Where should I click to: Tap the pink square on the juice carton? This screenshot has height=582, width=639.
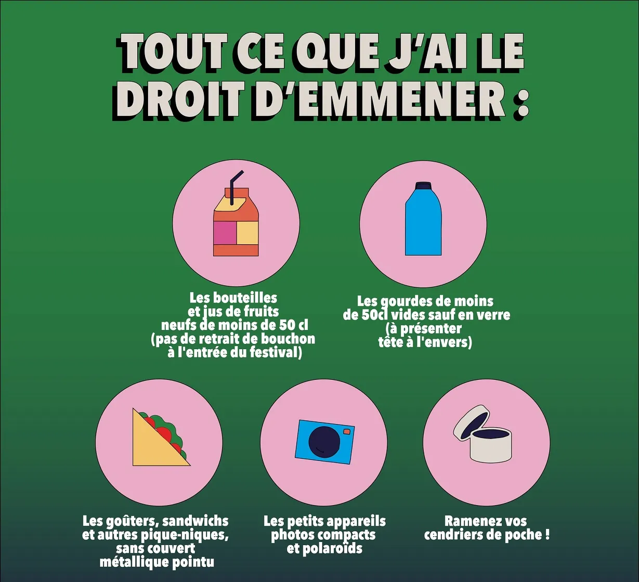pyautogui.click(x=225, y=232)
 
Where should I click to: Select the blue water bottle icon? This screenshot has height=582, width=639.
pyautogui.click(x=423, y=218)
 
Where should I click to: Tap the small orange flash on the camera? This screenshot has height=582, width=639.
pyautogui.click(x=347, y=432)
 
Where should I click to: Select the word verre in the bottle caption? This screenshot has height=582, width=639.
pyautogui.click(x=493, y=315)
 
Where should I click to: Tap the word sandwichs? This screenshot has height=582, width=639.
pyautogui.click(x=195, y=522)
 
